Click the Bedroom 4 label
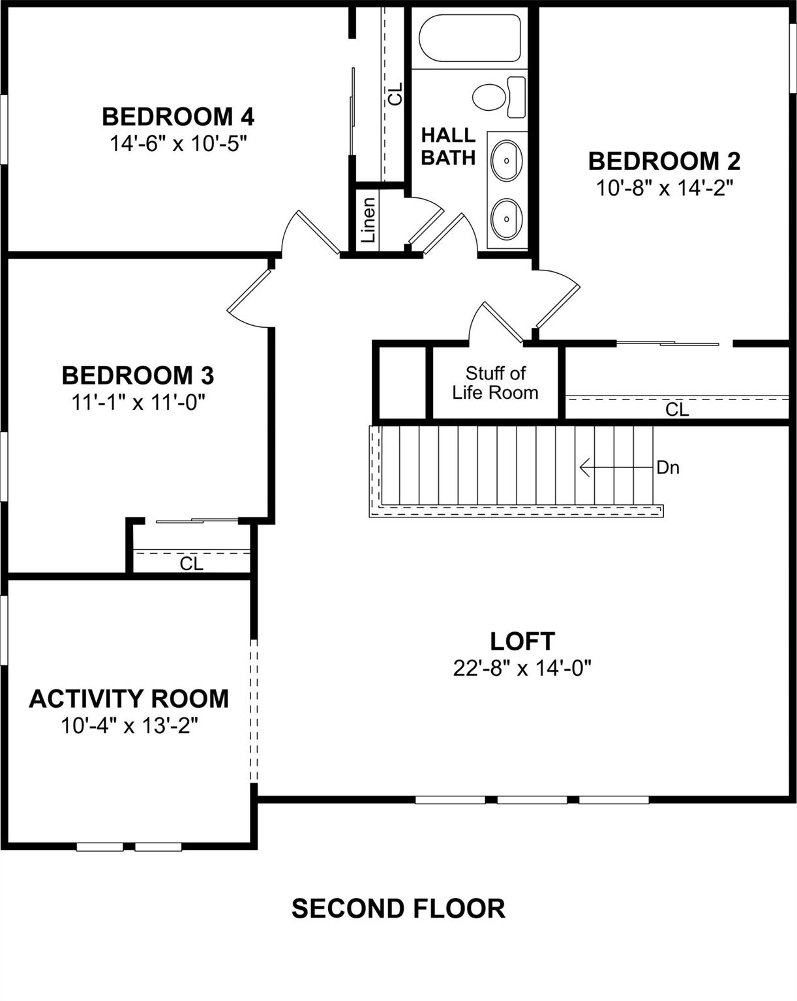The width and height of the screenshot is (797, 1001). click(x=178, y=117)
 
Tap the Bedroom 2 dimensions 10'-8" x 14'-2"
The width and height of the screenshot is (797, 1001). click(x=665, y=188)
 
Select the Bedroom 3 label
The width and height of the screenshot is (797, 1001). click(x=138, y=375)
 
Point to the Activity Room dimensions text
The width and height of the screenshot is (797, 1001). click(x=129, y=725)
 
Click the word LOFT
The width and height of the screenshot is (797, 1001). click(x=522, y=641)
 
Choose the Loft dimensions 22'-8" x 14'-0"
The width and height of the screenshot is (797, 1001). click(x=522, y=668)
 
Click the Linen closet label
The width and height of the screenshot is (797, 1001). click(x=368, y=220)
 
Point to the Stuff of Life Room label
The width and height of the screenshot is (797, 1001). click(x=495, y=383)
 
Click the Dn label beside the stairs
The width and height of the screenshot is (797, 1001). click(x=668, y=467)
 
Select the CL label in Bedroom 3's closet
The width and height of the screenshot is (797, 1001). click(x=192, y=563)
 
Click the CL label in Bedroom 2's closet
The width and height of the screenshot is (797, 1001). click(x=677, y=409)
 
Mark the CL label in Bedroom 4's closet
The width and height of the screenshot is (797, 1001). click(x=395, y=94)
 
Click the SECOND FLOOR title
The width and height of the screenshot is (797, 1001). click(x=398, y=908)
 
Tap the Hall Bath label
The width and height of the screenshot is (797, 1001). click(x=448, y=147)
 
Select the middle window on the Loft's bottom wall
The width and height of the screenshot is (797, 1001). click(x=532, y=800)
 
